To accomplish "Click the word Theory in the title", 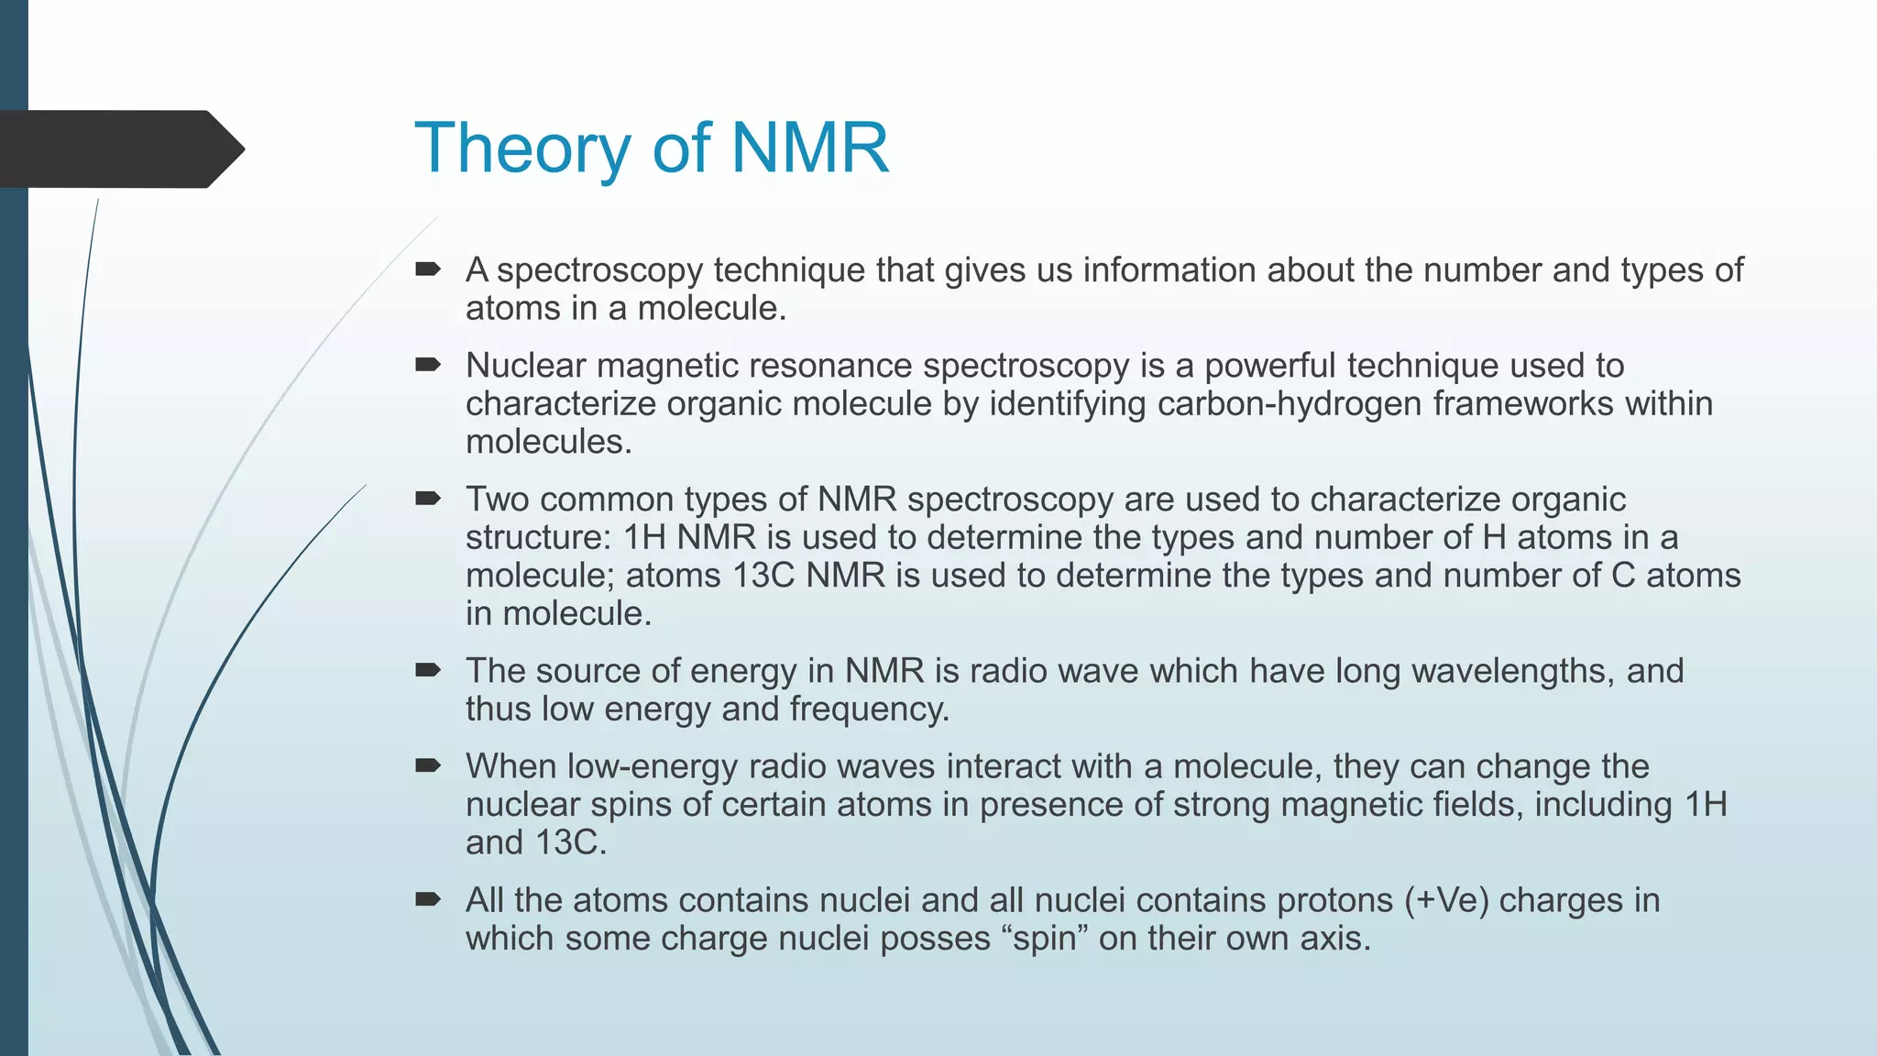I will [521, 148].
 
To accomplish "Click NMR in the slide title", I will [809, 148].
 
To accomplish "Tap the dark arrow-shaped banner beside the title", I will [119, 149].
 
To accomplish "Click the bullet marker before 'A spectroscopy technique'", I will [427, 269].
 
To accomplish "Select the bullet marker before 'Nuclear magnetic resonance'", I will [427, 365].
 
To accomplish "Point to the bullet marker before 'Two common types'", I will [427, 499].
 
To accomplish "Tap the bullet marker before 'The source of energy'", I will [427, 670].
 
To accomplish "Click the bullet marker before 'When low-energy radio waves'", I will [427, 765].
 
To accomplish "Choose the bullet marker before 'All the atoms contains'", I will [427, 899].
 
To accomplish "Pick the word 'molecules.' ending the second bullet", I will [549, 442].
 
